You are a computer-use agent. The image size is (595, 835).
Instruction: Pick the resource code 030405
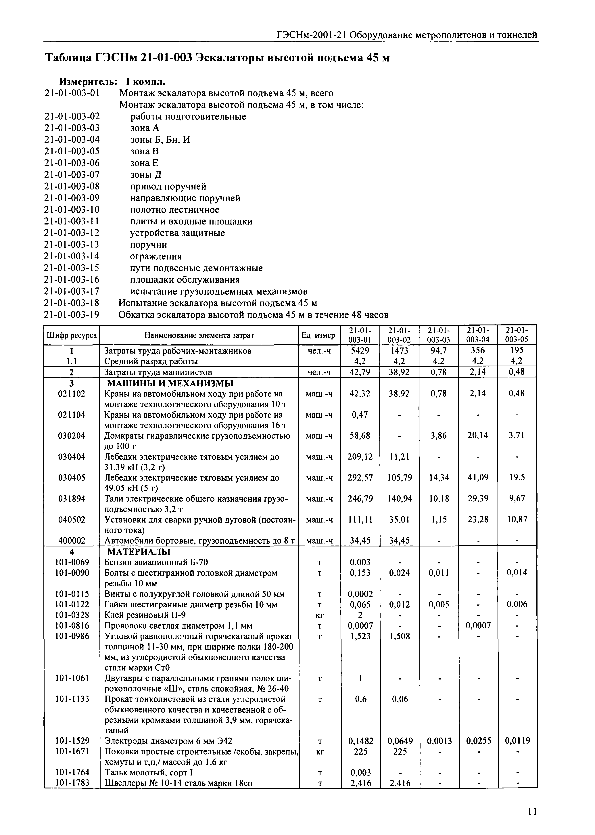[x=71, y=478]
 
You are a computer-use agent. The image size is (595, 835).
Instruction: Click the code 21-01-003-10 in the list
[x=72, y=210]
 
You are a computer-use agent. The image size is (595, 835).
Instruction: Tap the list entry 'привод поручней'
[x=168, y=187]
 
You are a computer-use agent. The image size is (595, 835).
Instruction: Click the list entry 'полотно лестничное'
[x=175, y=210]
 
